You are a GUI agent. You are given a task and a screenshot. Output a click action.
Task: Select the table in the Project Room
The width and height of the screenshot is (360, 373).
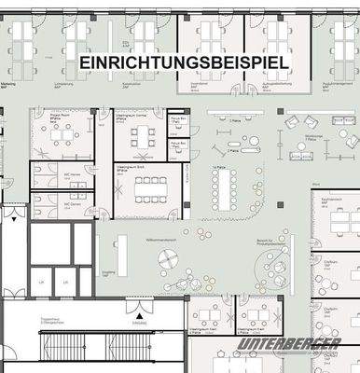click(x=63, y=136)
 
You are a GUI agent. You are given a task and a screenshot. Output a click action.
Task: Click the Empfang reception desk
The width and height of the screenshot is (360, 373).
click(x=121, y=254)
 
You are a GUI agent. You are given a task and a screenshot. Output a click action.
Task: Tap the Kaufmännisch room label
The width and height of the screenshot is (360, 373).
click(x=330, y=200)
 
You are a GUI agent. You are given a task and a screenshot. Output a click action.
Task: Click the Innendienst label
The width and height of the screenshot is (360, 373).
click(x=199, y=83)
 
